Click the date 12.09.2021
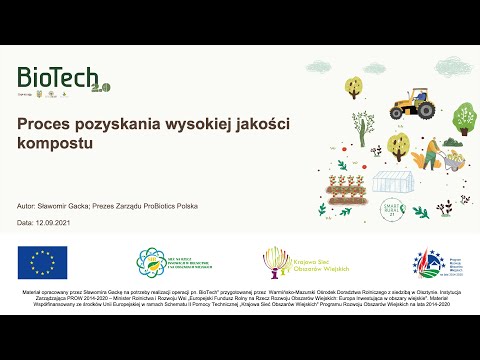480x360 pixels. pyautogui.click(x=55, y=220)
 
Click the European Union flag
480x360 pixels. pyautogui.click(x=42, y=262)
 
